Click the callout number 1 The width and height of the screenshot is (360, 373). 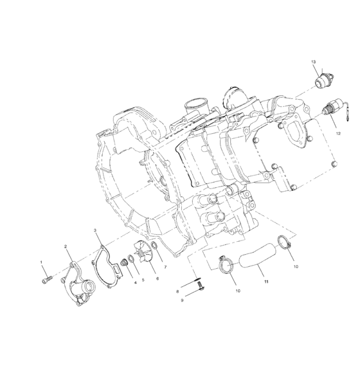pyautogui.click(x=42, y=262)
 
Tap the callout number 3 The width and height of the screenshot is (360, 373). pyautogui.click(x=94, y=230)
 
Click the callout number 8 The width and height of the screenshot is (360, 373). pyautogui.click(x=177, y=291)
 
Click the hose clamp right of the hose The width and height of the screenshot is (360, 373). pyautogui.click(x=281, y=244)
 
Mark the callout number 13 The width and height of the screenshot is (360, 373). pyautogui.click(x=314, y=62)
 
